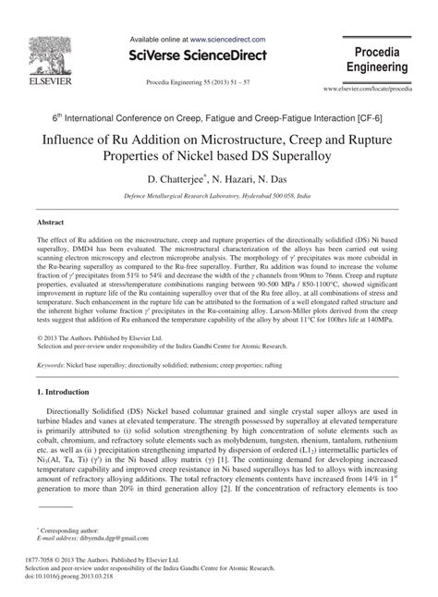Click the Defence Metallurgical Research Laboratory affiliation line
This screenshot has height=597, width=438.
(219, 198)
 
